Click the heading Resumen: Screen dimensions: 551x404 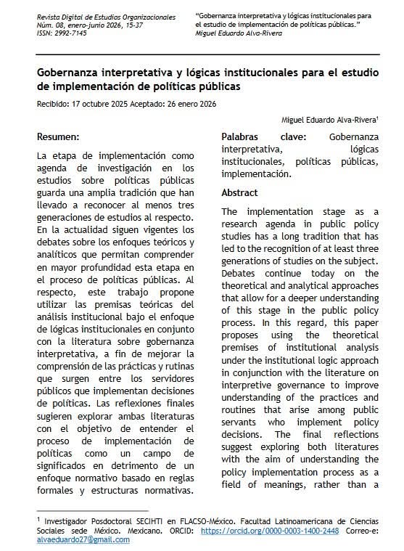59,136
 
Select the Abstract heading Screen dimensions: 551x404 239,192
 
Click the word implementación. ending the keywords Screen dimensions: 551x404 256,174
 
